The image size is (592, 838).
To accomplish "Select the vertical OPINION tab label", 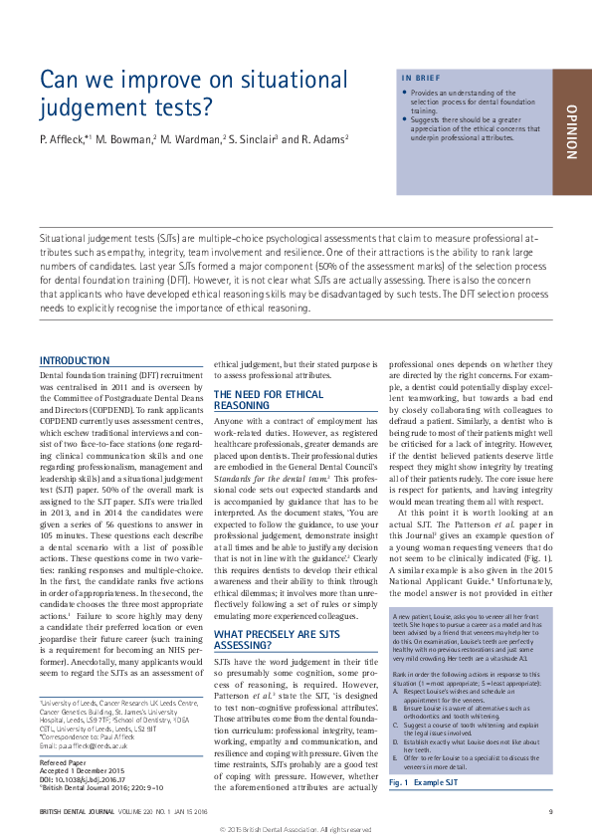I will [x=571, y=132].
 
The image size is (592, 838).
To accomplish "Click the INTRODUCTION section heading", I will [x=74, y=360].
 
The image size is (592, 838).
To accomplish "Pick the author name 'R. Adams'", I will [x=319, y=138].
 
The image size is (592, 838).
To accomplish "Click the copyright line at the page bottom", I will [x=296, y=828].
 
